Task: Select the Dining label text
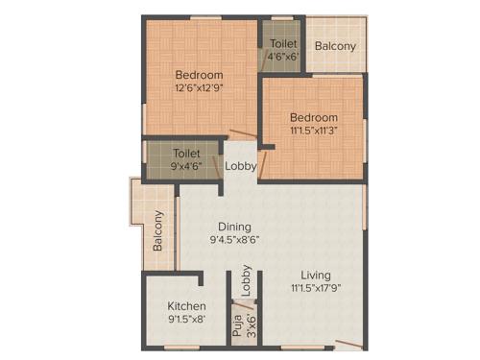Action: (x=233, y=228)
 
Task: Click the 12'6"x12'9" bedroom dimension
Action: (x=199, y=89)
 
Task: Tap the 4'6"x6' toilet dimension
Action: (x=283, y=58)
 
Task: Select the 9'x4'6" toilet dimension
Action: (x=186, y=165)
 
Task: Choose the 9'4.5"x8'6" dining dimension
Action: (x=233, y=241)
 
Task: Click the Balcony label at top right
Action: (x=335, y=46)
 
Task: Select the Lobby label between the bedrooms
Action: (x=240, y=166)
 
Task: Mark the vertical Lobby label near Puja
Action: (x=247, y=278)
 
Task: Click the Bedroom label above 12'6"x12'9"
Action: (x=199, y=75)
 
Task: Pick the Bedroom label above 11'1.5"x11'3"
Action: (x=312, y=117)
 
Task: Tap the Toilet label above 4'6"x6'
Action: (x=283, y=44)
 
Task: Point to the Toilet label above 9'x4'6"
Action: (x=186, y=153)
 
